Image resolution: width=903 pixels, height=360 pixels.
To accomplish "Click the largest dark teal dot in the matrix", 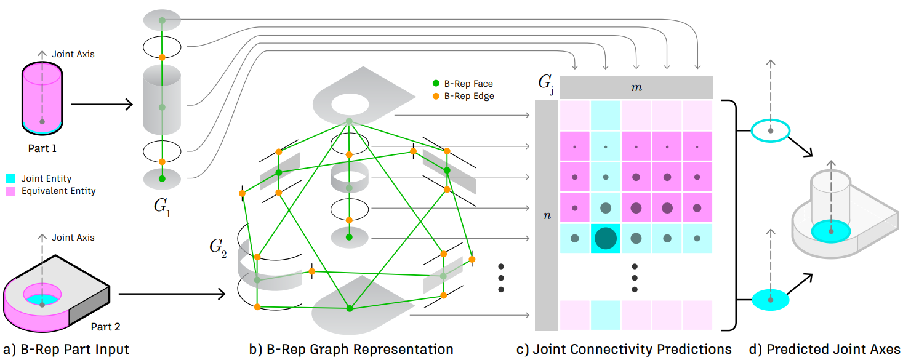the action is pos(606,238).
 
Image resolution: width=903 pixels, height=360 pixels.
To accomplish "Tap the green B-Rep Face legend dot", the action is pos(436,84).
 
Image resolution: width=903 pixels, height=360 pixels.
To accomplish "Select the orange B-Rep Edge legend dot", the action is pos(436,97).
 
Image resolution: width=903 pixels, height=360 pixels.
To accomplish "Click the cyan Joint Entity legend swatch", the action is pos(11,178).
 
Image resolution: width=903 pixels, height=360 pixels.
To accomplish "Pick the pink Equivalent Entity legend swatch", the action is pos(11,191).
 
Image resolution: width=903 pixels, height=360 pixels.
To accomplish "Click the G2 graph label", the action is pos(218,247).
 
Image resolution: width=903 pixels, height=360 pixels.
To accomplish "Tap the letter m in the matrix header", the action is pos(636,87).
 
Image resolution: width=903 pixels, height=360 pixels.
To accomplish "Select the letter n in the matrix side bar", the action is pos(547,215).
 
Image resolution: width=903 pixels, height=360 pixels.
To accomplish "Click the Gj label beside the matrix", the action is pos(546,84).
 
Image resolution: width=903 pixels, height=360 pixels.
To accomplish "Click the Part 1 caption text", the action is pos(42,148).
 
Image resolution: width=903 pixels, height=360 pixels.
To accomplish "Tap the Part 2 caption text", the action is pos(106,327).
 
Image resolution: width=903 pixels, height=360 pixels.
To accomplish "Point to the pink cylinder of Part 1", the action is pos(42,98).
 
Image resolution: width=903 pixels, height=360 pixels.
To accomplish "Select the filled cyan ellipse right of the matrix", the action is pos(771,300).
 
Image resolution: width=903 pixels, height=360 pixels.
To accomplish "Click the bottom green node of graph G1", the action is pos(162,178).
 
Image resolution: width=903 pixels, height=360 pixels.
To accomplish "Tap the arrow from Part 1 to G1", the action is pos(102,105).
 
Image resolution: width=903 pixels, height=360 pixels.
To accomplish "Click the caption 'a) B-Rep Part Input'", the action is pos(66,349).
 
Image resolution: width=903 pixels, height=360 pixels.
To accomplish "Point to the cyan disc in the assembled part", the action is pos(831,231).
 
